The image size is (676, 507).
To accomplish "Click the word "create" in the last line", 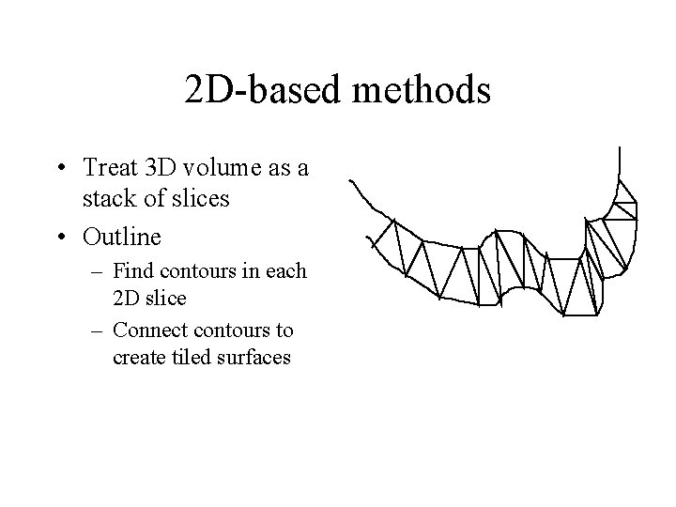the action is click(136, 357).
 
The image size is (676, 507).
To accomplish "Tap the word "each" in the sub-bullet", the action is click(287, 272).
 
